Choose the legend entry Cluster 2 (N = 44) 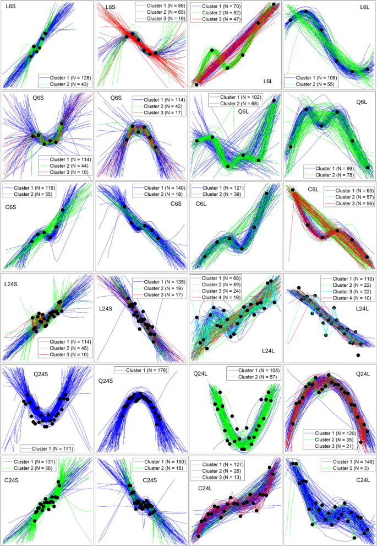pos(66,165)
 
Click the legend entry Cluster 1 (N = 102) pos(235,97)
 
